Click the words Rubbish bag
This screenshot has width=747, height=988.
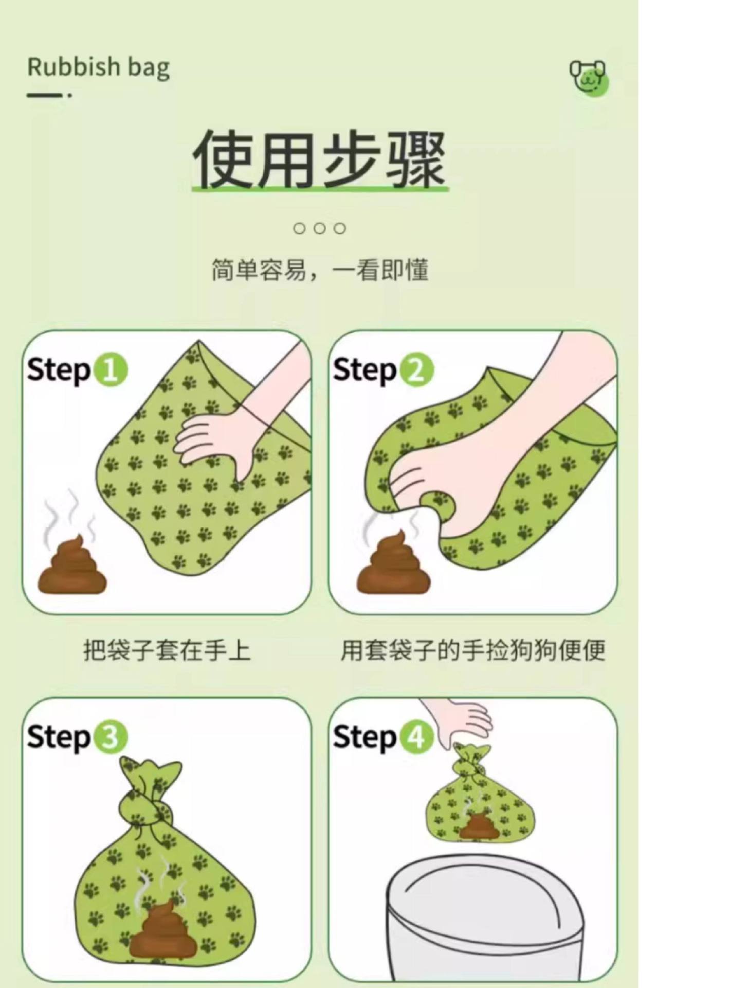click(x=98, y=68)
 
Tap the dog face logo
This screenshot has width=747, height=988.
click(x=589, y=78)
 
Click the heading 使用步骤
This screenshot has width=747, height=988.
click(x=319, y=160)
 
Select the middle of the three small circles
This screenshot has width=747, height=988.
click(x=319, y=228)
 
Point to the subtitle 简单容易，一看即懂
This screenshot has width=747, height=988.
click(x=320, y=270)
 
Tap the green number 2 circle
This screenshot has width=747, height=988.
click(x=416, y=370)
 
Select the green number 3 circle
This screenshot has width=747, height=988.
click(x=110, y=737)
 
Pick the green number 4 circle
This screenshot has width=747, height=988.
click(x=416, y=737)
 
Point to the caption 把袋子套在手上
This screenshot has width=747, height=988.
click(x=167, y=650)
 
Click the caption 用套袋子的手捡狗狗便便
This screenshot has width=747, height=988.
click(x=472, y=650)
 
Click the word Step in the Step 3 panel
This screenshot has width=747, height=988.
click(x=58, y=738)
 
